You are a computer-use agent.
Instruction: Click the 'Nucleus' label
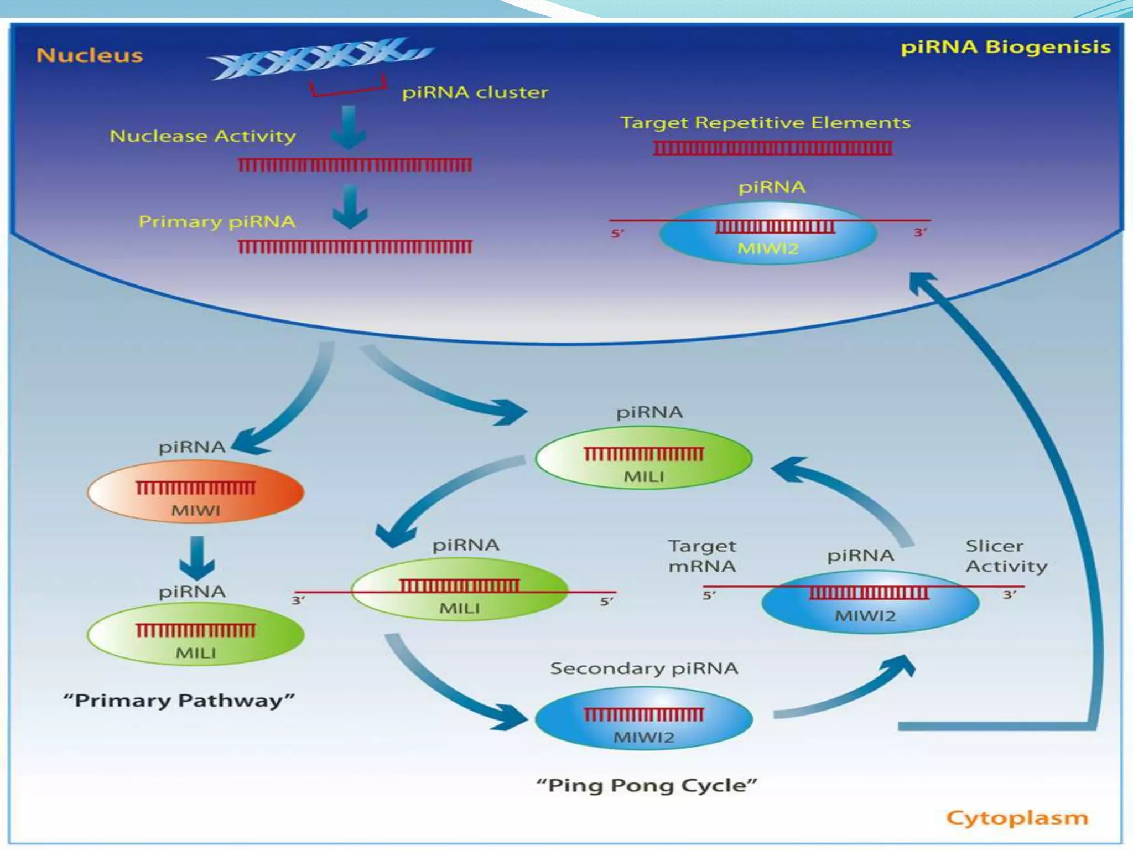click(89, 55)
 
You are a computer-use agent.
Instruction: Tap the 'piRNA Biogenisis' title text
click(1005, 47)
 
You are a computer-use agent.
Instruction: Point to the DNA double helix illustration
click(320, 58)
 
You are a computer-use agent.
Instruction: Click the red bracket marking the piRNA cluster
click(347, 89)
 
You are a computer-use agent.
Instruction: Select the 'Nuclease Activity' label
click(202, 136)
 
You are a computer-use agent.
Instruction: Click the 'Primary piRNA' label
click(216, 222)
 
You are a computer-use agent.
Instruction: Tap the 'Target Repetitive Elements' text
click(765, 123)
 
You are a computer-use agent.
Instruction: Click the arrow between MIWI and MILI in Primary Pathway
click(197, 558)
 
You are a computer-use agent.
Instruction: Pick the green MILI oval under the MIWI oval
click(195, 635)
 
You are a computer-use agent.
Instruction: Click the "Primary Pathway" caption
click(179, 701)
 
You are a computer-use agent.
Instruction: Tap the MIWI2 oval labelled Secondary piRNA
click(643, 719)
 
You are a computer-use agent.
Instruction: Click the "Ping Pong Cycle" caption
click(646, 786)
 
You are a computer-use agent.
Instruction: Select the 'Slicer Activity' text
click(1006, 556)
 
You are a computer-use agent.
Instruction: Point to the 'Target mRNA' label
click(701, 556)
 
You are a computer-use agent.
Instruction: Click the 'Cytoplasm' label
click(1017, 818)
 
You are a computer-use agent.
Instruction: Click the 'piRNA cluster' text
click(475, 92)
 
